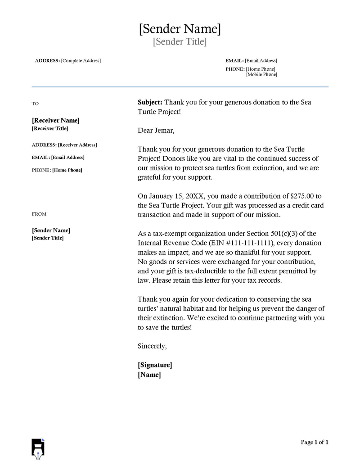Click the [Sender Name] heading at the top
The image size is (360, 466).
[x=180, y=29]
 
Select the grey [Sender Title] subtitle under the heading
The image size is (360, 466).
[x=180, y=42]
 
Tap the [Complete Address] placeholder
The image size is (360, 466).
[x=81, y=61]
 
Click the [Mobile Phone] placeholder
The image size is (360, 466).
[x=261, y=75]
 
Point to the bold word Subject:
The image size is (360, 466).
[x=150, y=102]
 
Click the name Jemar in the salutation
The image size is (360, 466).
[x=163, y=131]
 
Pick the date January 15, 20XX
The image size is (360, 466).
[x=175, y=196]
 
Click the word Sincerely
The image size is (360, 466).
[x=152, y=346]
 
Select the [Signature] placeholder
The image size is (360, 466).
[x=155, y=365]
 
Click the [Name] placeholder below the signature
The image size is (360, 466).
[x=149, y=375]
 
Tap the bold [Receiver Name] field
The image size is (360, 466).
[x=56, y=121]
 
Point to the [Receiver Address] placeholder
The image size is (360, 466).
[x=77, y=145]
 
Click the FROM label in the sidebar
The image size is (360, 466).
[x=39, y=214]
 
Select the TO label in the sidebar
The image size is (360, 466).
[x=35, y=104]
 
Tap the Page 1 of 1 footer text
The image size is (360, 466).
[x=315, y=442]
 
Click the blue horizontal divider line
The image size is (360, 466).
[x=180, y=87]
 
